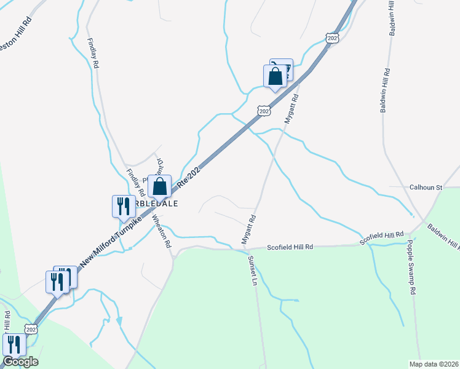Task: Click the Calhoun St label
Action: (x=426, y=187)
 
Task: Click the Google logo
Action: (x=20, y=362)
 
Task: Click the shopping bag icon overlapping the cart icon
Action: (x=275, y=76)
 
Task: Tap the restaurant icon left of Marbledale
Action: (x=122, y=206)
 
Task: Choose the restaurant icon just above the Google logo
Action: (x=14, y=345)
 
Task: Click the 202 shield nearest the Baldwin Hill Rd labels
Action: (x=333, y=38)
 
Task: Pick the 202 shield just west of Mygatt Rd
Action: (x=264, y=111)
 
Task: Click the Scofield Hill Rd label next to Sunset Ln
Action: (x=290, y=247)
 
